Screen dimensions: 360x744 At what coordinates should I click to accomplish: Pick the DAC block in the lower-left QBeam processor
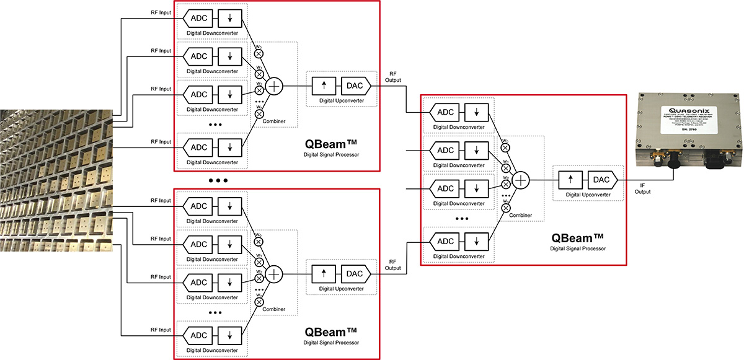coord(355,273)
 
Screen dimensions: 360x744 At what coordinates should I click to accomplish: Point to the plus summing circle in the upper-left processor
coord(274,86)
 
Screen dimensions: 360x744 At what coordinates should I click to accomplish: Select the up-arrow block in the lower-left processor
coord(323,273)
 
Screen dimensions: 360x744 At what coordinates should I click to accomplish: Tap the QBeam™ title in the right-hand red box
coord(577,237)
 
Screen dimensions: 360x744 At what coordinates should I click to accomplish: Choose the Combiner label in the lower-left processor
coord(273,309)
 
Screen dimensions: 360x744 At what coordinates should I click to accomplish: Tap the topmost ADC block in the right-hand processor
coord(446,112)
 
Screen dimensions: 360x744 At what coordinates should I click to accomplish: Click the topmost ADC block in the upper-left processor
coord(198,17)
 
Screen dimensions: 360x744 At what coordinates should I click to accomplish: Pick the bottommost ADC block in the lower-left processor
coord(198,335)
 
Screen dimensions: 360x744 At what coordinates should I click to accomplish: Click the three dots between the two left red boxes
coord(218,181)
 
